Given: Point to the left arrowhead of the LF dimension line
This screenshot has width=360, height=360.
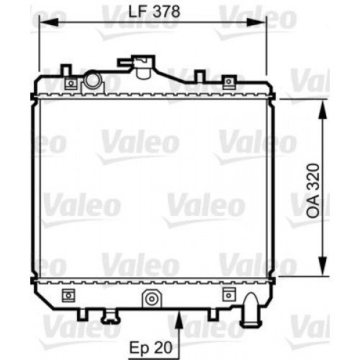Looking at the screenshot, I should (42, 22).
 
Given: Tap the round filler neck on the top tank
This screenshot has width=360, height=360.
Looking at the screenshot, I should (92, 81).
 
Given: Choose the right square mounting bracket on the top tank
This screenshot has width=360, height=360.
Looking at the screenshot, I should (230, 84).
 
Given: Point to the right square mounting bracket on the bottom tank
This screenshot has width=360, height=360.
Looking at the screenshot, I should (230, 293).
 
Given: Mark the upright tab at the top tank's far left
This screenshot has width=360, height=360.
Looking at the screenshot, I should (66, 70).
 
